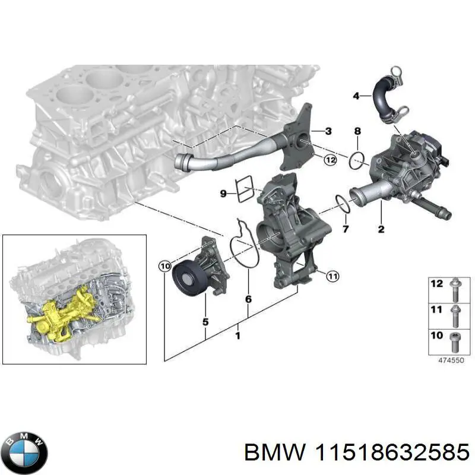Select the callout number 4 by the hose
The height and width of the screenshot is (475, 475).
coord(356,96)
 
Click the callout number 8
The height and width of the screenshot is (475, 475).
coord(357,131)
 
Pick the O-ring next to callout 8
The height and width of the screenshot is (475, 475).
coord(357,160)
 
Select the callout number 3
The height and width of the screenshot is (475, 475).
coord(328,131)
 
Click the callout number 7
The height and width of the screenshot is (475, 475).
coord(345,229)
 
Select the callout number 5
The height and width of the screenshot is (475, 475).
coord(205,322)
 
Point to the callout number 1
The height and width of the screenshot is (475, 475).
coord(237,337)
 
